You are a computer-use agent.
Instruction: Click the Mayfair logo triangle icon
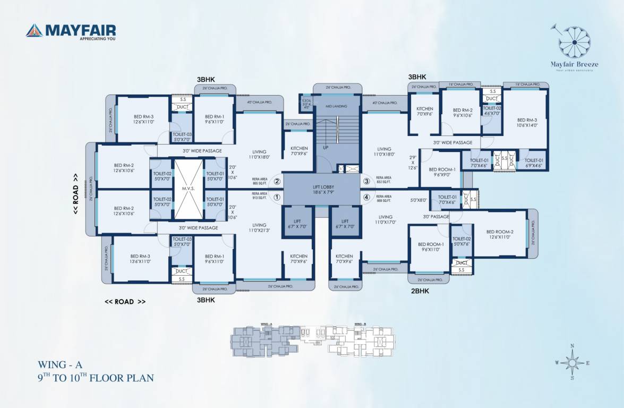(x=34, y=30)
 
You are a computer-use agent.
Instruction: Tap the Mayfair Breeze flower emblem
(x=575, y=42)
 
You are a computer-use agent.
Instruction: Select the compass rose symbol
(x=572, y=362)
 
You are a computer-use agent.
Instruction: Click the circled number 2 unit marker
(x=277, y=181)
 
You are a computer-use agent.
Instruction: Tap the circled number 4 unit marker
(x=366, y=198)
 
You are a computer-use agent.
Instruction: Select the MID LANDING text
(x=337, y=106)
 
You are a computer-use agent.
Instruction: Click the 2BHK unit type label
(x=420, y=291)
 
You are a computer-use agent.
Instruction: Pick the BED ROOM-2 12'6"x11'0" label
(x=500, y=234)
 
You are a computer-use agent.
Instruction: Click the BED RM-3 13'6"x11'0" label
(x=140, y=259)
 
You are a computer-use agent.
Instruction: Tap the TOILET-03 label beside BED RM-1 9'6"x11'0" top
(x=182, y=137)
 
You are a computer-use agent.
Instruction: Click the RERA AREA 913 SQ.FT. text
(x=259, y=196)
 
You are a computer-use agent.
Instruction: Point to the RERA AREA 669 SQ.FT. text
(x=383, y=198)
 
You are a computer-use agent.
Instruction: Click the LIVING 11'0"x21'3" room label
(x=259, y=228)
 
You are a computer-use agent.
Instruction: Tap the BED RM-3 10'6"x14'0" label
(x=527, y=123)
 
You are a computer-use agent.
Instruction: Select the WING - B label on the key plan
(x=359, y=324)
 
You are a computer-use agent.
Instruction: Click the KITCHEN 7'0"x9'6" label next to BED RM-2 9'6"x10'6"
(x=425, y=112)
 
